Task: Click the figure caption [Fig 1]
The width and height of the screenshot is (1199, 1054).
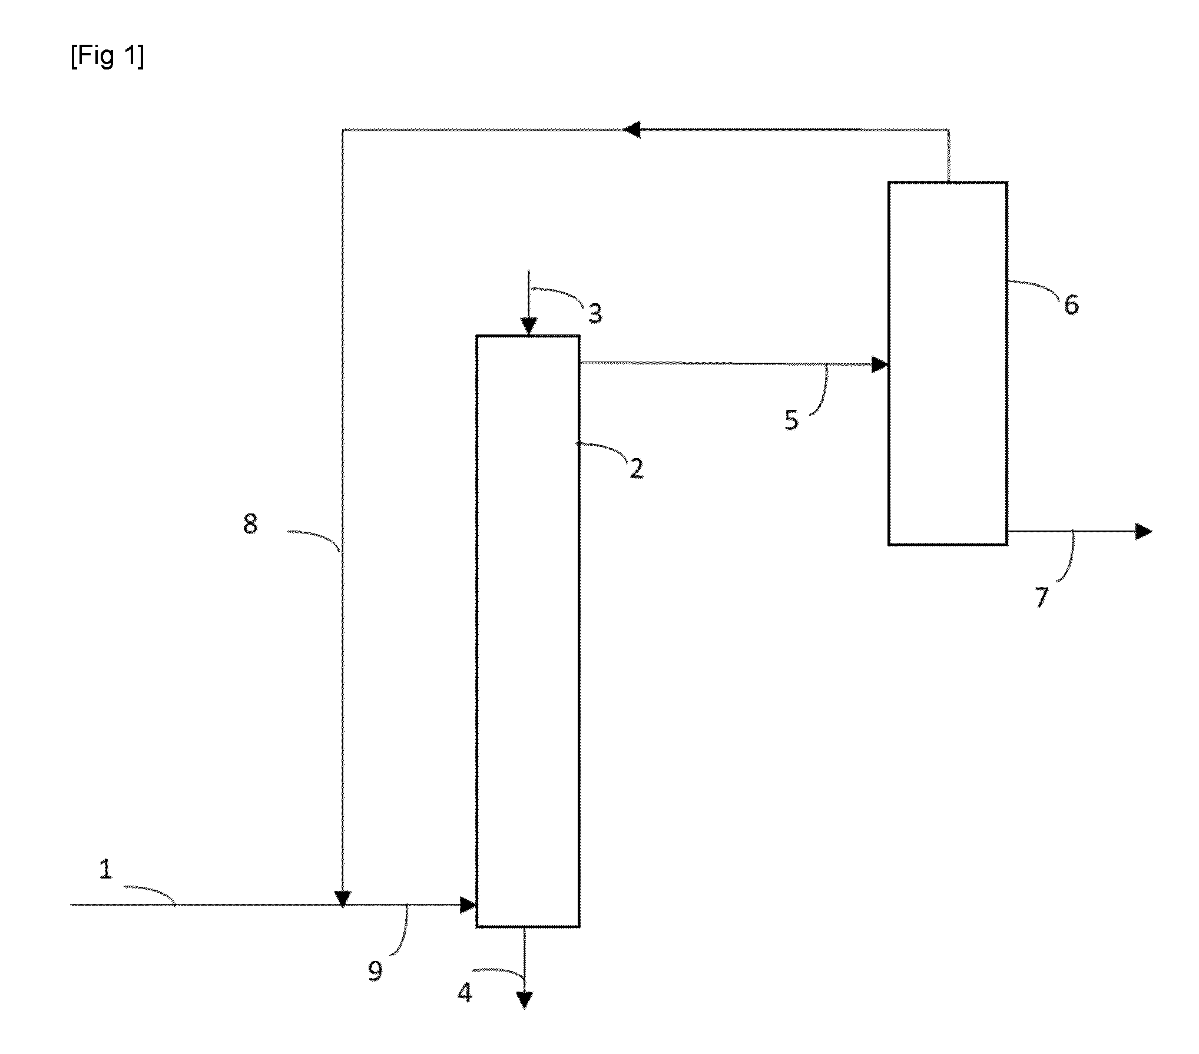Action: (107, 57)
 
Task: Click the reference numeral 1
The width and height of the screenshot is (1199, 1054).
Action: (106, 869)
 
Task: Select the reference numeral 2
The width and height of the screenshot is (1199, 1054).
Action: (636, 468)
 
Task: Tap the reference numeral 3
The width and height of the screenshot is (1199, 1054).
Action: (595, 314)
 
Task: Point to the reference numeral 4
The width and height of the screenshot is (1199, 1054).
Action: (465, 993)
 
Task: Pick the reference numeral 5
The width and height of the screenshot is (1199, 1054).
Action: (791, 420)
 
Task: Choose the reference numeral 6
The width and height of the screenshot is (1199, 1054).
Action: (1071, 305)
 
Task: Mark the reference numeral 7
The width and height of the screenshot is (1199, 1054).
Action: (1042, 598)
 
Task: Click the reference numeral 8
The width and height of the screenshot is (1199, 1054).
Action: (250, 523)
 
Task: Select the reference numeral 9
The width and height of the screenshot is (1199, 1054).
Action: (375, 971)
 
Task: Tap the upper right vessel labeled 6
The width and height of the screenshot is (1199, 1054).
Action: (948, 363)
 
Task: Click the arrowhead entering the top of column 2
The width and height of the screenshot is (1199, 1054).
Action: (528, 326)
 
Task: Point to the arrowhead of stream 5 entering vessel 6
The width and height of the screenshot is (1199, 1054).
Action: (880, 364)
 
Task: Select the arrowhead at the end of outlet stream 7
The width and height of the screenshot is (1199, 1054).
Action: (1143, 532)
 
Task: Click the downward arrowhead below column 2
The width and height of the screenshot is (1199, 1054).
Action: (524, 1000)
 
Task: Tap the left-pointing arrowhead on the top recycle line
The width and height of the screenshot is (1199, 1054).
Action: (632, 129)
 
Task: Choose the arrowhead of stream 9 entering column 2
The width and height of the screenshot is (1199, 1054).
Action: (468, 904)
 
